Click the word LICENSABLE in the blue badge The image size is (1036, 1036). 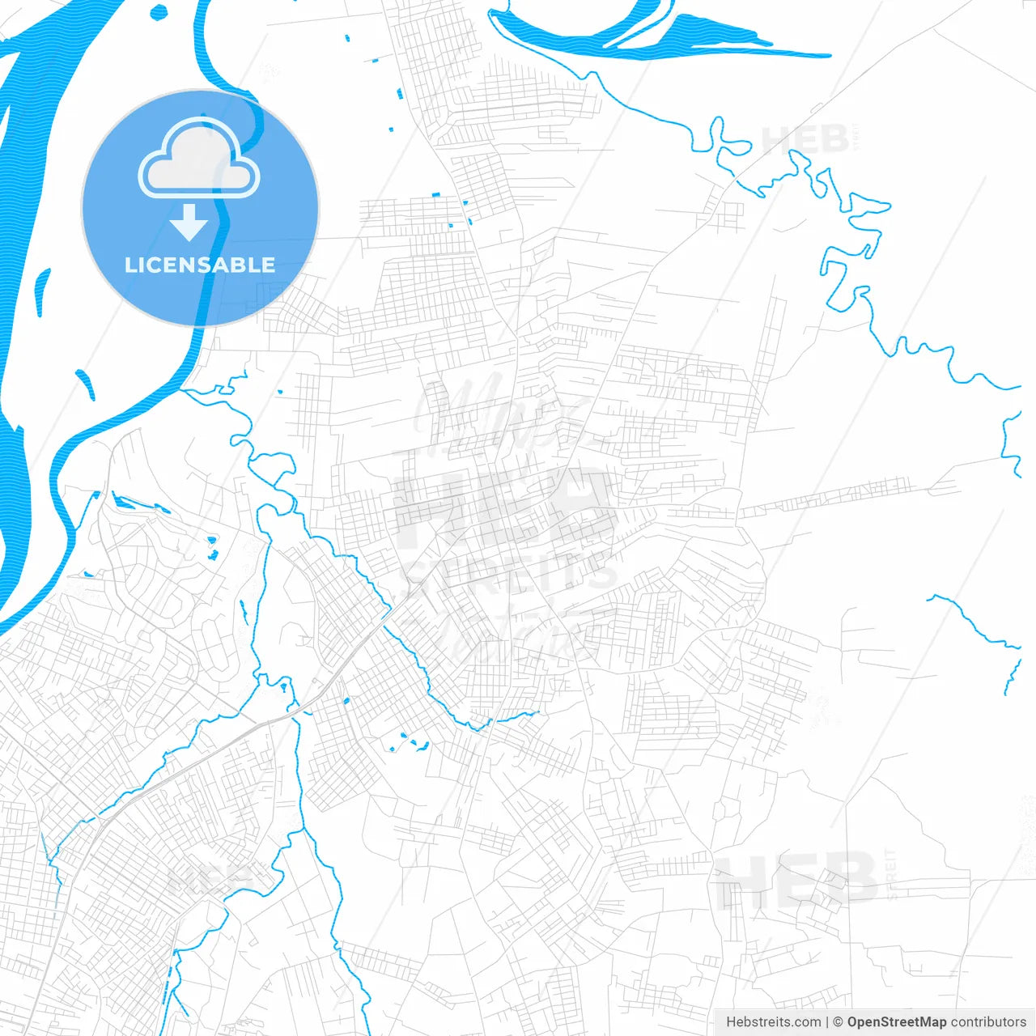[x=200, y=265]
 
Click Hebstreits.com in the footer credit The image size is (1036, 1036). [x=774, y=1022]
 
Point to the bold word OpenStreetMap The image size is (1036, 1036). [x=896, y=1022]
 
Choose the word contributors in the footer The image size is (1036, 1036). [x=988, y=1022]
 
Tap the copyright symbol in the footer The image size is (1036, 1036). [x=839, y=1022]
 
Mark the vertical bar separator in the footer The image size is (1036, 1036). [x=828, y=1022]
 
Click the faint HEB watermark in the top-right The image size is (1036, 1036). [x=805, y=139]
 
